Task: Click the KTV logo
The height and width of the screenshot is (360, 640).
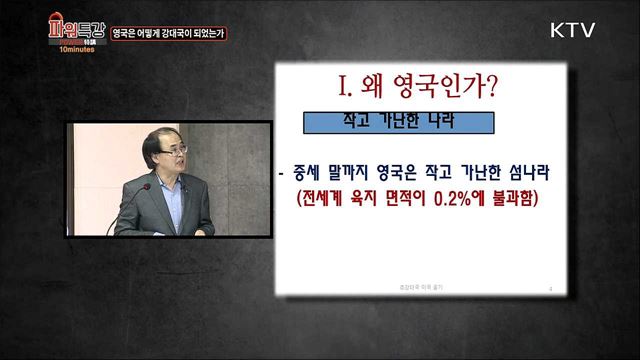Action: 573,30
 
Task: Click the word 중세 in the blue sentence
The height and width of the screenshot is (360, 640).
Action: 313,171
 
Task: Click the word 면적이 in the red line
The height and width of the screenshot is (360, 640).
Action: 392,198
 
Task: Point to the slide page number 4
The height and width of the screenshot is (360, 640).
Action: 551,288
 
